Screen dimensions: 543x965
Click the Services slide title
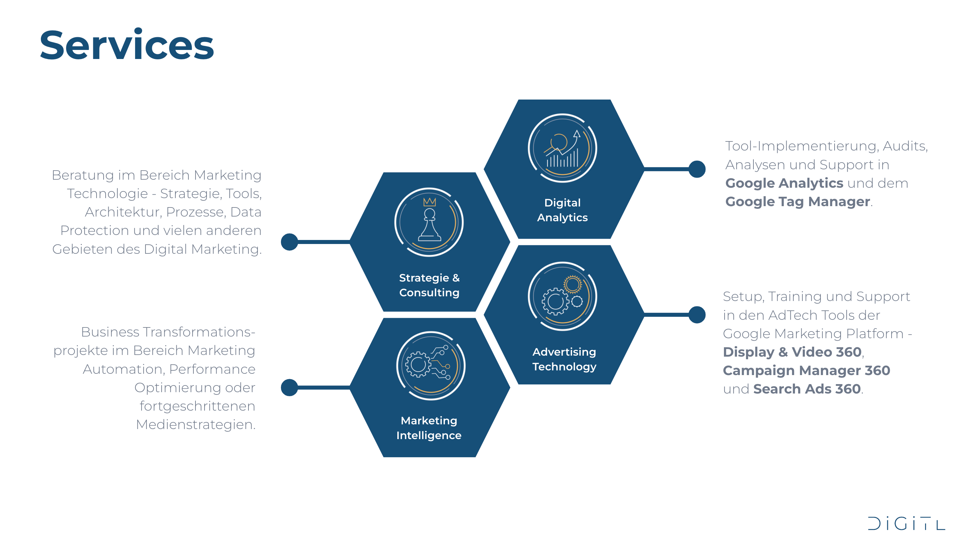pyautogui.click(x=127, y=46)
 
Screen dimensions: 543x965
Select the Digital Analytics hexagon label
pyautogui.click(x=562, y=210)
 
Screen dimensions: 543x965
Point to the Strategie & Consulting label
pyautogui.click(x=429, y=285)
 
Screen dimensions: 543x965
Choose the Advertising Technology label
pyautogui.click(x=564, y=359)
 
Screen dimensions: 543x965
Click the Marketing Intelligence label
pyautogui.click(x=429, y=428)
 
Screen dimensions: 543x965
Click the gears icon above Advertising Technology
pyautogui.click(x=562, y=296)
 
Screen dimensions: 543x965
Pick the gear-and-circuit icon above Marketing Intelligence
pyautogui.click(x=431, y=365)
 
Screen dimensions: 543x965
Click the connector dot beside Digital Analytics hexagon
pyautogui.click(x=697, y=169)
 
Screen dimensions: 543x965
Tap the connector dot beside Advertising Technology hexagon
pyautogui.click(x=697, y=314)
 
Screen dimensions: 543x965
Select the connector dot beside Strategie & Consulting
pyautogui.click(x=289, y=242)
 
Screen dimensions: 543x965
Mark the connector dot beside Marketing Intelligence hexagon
pyautogui.click(x=289, y=387)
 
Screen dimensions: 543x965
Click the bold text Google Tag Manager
pyautogui.click(x=798, y=202)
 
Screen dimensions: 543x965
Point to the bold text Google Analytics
pyautogui.click(x=784, y=183)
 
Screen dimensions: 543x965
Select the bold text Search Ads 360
pyautogui.click(x=807, y=389)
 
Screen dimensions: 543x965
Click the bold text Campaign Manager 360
pyautogui.click(x=806, y=370)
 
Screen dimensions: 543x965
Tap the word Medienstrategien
pyautogui.click(x=195, y=425)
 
